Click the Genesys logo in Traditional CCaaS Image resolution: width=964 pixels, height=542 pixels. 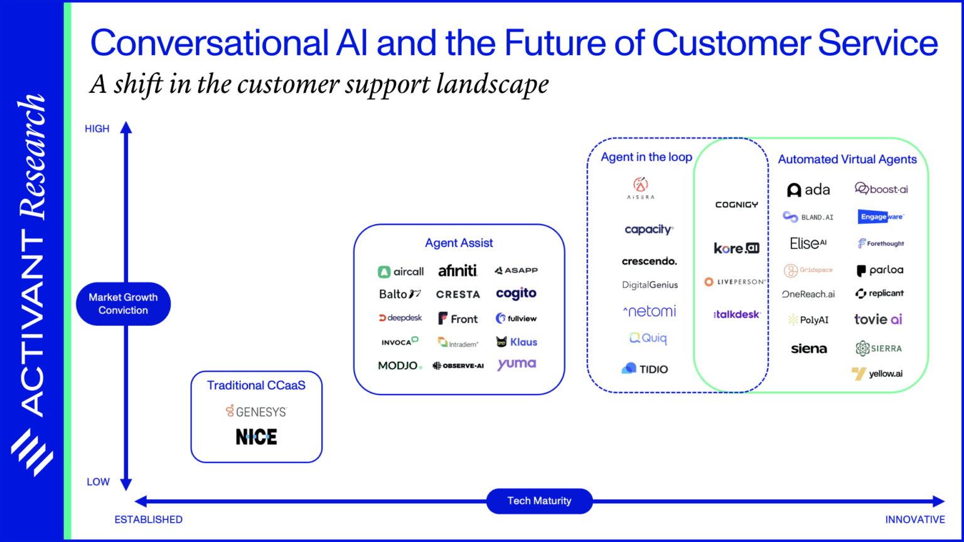click(x=256, y=412)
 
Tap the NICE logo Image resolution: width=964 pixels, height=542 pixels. click(x=256, y=437)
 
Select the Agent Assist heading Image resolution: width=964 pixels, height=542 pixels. click(x=459, y=243)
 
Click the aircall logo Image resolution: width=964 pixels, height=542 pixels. click(x=400, y=272)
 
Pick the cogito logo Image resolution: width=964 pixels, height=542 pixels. click(x=516, y=294)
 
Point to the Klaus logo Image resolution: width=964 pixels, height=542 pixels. click(x=517, y=342)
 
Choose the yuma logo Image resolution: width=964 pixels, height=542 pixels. click(x=517, y=364)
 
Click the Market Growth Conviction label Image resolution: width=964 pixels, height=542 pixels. click(x=123, y=304)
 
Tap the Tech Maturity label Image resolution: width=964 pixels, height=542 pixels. click(x=539, y=501)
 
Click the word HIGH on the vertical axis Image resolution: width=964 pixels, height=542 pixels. click(x=97, y=129)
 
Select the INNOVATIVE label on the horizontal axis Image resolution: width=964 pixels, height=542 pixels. click(x=914, y=519)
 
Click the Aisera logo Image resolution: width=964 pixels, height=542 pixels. click(x=640, y=188)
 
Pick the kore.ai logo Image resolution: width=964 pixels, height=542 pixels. click(x=736, y=248)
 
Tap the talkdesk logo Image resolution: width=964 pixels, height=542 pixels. click(x=737, y=314)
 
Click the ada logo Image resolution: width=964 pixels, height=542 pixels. click(x=808, y=189)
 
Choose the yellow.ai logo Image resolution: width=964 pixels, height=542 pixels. click(x=877, y=374)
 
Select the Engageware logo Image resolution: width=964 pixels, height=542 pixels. click(x=881, y=216)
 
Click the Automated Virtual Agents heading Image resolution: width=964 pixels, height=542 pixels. click(x=847, y=159)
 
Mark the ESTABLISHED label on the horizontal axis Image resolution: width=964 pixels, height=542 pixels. click(x=148, y=519)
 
